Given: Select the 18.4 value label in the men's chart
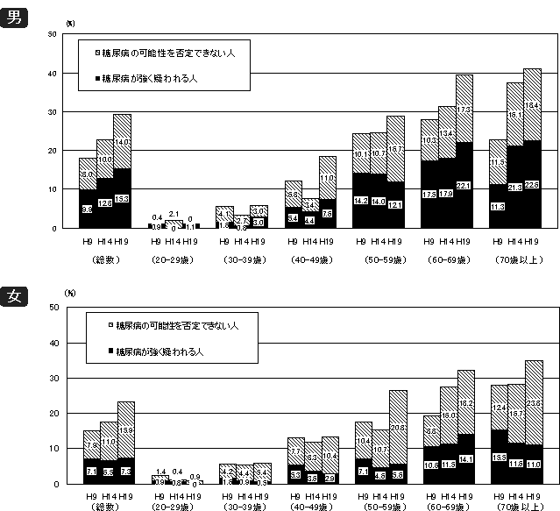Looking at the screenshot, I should pos(532,106).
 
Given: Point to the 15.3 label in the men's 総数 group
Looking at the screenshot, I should pos(122,200).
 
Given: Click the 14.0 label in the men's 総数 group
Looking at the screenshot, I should pos(122,142).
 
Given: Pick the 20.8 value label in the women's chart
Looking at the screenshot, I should pos(396,427).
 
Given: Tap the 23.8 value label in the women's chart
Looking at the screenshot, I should pos(533,404).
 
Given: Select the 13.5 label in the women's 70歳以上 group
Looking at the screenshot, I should pos(499,457).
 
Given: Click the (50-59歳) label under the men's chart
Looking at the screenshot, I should pos(379,260).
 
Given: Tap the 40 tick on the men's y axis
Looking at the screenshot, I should pos(53,73).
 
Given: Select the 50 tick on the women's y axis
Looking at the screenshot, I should pos(53,308).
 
